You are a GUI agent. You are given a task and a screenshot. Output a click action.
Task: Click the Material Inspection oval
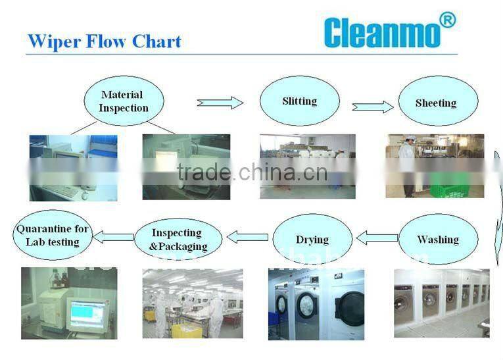(124, 101)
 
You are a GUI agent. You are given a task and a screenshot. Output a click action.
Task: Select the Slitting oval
(299, 101)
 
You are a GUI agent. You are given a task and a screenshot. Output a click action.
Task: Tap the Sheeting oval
(436, 103)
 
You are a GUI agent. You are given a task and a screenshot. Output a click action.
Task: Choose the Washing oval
(437, 240)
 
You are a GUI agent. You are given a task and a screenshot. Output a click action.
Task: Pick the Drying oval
(312, 240)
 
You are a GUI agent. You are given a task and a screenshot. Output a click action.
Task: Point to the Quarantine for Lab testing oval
(53, 236)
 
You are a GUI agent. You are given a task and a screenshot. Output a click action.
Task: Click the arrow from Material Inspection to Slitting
(220, 102)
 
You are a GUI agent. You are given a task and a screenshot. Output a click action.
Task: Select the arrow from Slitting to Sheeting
(373, 107)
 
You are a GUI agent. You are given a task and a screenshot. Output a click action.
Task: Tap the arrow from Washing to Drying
(377, 237)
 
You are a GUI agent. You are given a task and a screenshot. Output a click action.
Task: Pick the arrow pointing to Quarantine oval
(113, 236)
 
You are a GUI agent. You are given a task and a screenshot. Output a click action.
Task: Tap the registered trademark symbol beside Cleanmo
(446, 20)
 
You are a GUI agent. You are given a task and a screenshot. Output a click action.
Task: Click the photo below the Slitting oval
(307, 166)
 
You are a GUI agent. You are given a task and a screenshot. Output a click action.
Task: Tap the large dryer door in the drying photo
(348, 309)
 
